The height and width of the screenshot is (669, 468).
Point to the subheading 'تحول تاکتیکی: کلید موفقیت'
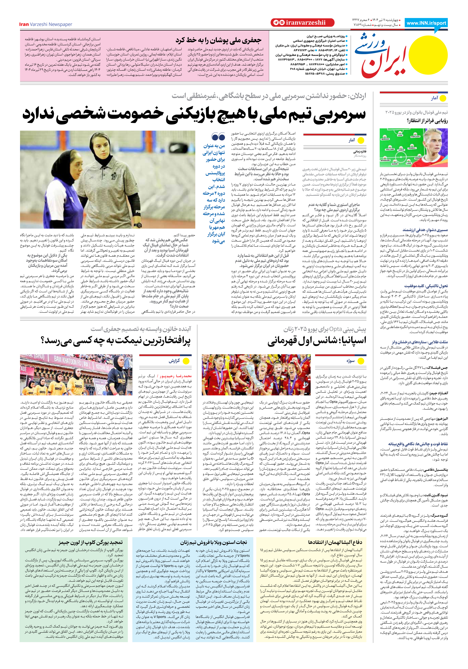coord(426,286)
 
